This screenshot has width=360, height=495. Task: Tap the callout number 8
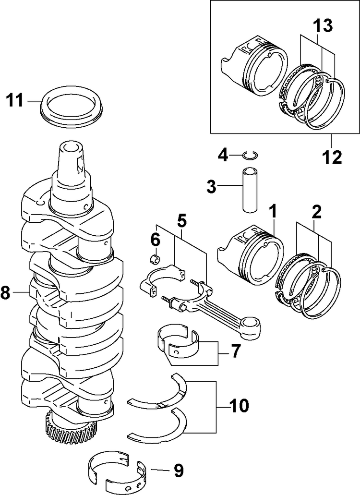point(6,293)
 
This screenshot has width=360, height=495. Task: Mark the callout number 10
point(238,407)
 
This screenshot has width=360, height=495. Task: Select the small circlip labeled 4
point(250,154)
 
